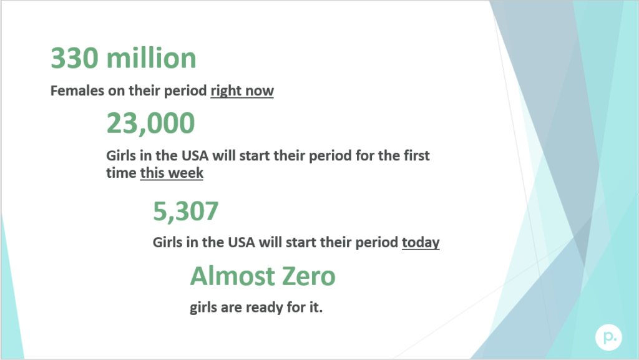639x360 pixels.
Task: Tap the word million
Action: click(x=152, y=59)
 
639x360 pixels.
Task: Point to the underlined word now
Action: click(x=259, y=91)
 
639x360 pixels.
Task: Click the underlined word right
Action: click(x=225, y=92)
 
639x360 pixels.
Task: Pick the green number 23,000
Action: click(x=150, y=124)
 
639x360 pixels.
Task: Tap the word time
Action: click(x=121, y=173)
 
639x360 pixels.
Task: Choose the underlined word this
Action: click(x=152, y=173)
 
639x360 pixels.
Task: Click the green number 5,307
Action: click(x=185, y=212)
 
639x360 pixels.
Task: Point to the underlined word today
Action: click(x=421, y=242)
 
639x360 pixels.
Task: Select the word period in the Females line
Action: click(x=187, y=91)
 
